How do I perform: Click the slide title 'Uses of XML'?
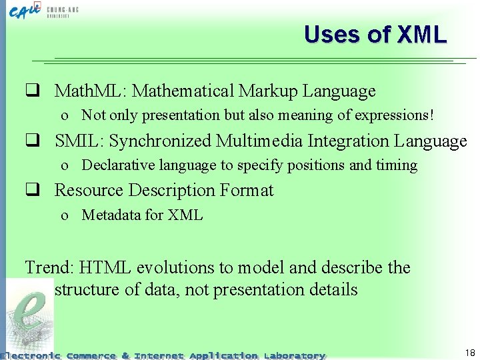pyautogui.click(x=375, y=34)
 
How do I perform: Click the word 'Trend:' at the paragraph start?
pyautogui.click(x=49, y=268)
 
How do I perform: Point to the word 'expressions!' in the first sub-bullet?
pyautogui.click(x=397, y=115)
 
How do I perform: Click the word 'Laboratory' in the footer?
pyautogui.click(x=294, y=355)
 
